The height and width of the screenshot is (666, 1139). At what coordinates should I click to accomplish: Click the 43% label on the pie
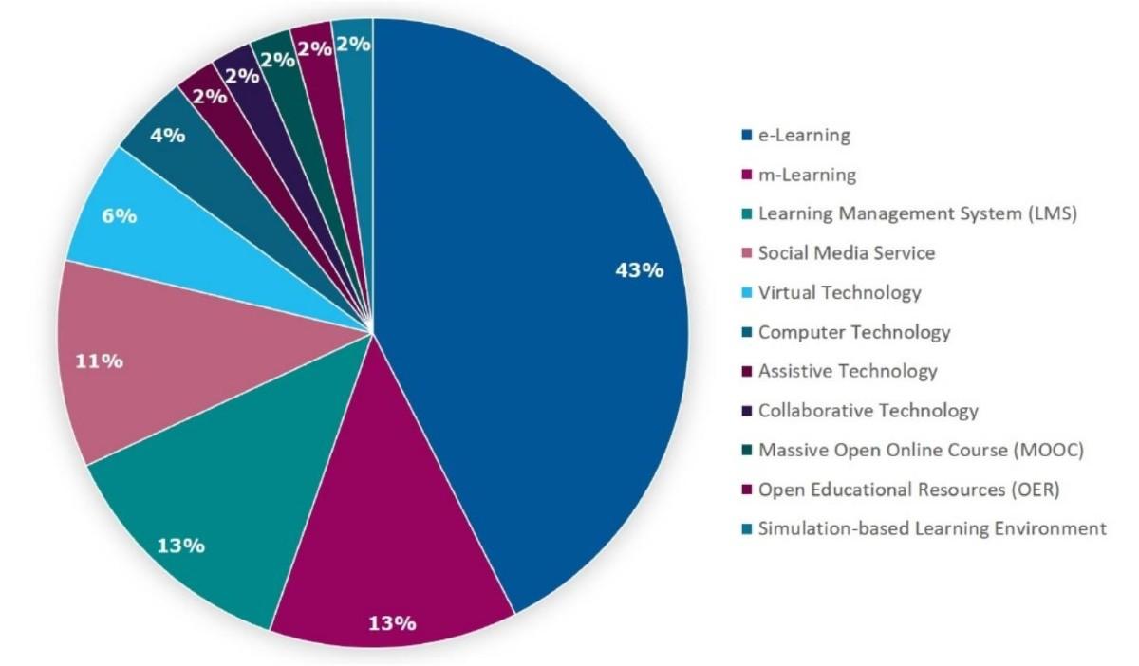tap(639, 270)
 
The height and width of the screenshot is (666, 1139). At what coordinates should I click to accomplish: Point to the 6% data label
tap(118, 216)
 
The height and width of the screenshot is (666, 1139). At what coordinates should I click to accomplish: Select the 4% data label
tap(167, 135)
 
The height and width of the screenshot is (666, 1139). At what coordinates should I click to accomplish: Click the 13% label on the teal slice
tap(181, 546)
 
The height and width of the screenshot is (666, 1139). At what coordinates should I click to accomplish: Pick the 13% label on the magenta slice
tap(392, 623)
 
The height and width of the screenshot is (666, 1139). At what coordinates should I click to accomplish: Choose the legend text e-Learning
tap(803, 136)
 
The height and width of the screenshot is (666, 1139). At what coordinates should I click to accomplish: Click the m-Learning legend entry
tap(806, 176)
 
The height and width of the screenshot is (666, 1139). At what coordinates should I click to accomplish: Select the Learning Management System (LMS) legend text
tap(917, 214)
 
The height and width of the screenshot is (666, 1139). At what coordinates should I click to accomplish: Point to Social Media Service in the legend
tap(846, 253)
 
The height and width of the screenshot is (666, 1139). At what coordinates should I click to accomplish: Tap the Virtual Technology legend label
tap(839, 293)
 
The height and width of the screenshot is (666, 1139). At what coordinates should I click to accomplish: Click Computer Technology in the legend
tap(853, 332)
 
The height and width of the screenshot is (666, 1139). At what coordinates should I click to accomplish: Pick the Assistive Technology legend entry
tap(847, 371)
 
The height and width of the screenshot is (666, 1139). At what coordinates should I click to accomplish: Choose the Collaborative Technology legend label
tap(868, 411)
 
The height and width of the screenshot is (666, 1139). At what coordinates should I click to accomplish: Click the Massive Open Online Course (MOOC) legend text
tap(920, 450)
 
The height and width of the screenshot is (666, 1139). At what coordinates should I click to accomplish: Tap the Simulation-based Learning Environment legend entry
tap(931, 528)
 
